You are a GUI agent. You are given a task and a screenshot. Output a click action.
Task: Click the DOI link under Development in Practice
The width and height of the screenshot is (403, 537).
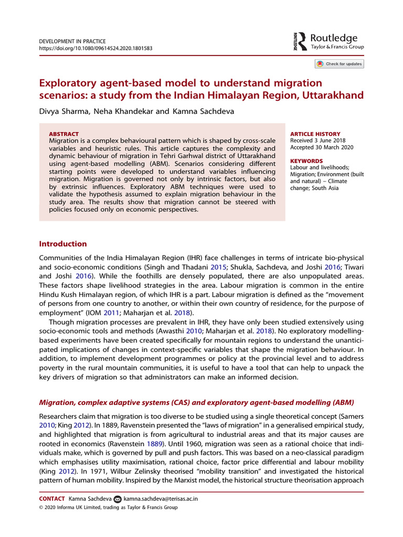click(x=96, y=48)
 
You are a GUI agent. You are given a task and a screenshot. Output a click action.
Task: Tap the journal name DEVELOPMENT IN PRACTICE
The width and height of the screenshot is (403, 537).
click(x=72, y=41)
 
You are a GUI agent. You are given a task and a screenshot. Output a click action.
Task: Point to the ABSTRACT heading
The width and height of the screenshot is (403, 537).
click(x=63, y=134)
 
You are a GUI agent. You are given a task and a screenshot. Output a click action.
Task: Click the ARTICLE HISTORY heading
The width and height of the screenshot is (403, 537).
click(x=315, y=134)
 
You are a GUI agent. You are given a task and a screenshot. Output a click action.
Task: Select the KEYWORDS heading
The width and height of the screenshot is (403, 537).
click(x=307, y=161)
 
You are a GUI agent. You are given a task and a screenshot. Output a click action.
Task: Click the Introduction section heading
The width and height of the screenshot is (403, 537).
click(x=63, y=244)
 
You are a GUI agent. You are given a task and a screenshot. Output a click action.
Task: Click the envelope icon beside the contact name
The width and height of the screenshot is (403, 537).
click(x=117, y=499)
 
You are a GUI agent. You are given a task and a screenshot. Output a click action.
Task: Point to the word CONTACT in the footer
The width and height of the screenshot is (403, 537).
click(x=52, y=499)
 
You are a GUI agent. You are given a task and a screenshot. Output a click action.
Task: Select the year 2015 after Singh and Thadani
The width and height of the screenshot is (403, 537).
click(x=218, y=266)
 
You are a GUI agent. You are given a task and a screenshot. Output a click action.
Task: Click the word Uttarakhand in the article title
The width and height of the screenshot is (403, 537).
click(x=325, y=96)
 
